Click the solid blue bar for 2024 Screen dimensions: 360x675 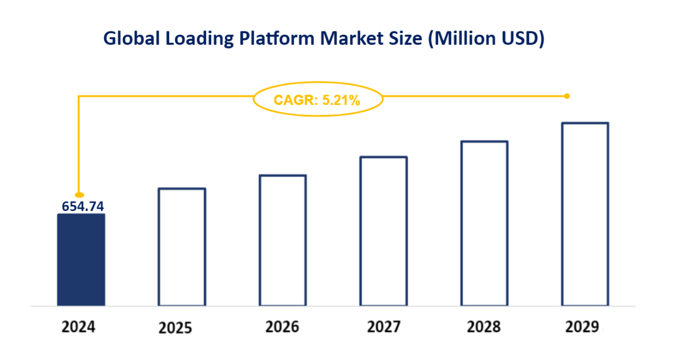(81, 260)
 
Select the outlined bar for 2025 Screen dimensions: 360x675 (182, 247)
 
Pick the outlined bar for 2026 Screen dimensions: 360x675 (282, 240)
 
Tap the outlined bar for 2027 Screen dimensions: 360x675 (383, 231)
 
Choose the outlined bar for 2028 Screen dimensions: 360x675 (484, 223)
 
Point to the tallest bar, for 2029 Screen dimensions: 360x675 (585, 214)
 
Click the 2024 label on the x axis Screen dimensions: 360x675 (78, 327)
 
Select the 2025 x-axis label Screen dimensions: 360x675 (175, 328)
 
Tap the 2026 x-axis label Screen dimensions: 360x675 (282, 327)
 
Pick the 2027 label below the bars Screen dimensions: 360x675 (383, 327)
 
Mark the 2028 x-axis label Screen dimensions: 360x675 (484, 327)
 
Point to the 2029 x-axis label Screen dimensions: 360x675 (582, 327)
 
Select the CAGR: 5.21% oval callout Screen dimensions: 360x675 (317, 100)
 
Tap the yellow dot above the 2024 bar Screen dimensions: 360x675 (79, 194)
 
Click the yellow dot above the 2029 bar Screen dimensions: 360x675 (567, 96)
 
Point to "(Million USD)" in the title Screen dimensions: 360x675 (486, 39)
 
